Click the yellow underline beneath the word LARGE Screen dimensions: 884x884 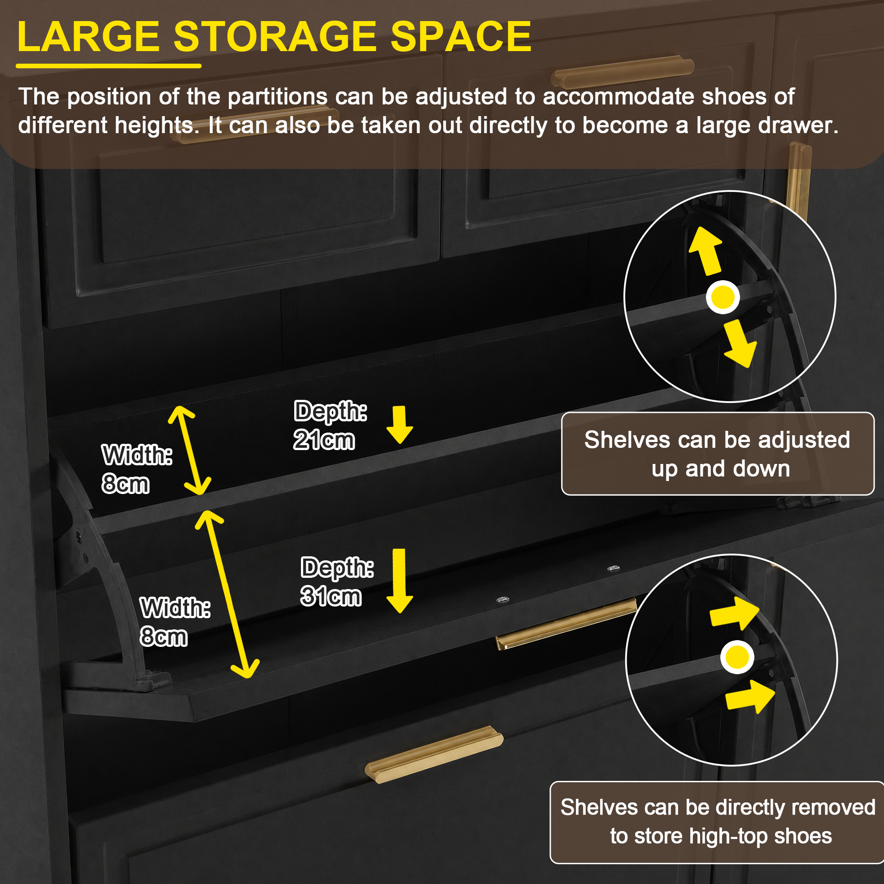(109, 66)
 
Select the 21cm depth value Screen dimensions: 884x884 (324, 440)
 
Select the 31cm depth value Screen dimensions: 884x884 (331, 597)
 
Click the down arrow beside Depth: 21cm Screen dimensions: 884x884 (400, 425)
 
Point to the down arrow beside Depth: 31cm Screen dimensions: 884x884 (400, 581)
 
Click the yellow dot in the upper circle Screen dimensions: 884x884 (723, 297)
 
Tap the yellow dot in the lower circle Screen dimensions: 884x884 (737, 658)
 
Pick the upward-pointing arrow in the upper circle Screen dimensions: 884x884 (705, 251)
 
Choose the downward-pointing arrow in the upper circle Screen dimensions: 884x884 (739, 344)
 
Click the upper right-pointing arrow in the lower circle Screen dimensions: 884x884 (734, 614)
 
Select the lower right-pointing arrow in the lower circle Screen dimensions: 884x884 (750, 697)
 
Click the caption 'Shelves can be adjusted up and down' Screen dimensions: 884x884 (718, 454)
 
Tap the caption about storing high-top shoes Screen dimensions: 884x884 (717, 822)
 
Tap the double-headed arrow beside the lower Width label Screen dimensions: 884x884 (227, 594)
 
